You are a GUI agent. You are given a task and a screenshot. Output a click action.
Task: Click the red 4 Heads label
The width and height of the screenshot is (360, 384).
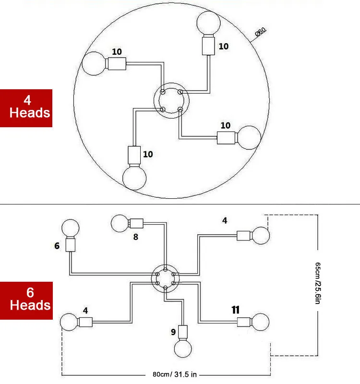point(25,108)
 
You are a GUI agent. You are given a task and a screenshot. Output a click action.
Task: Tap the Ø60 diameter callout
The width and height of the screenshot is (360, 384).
point(260,33)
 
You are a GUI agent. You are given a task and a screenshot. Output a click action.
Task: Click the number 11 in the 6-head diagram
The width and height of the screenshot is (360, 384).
point(235,310)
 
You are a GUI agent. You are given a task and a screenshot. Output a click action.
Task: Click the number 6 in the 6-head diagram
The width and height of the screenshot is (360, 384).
point(57,246)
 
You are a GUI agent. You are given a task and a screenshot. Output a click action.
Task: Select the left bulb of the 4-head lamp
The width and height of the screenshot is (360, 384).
point(95,63)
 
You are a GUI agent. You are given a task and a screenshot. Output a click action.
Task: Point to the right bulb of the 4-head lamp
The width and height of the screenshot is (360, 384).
point(249,137)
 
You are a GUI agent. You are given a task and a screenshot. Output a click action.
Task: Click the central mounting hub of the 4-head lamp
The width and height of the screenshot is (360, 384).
point(171,101)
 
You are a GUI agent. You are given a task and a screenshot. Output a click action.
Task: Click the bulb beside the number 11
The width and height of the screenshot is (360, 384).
point(261,322)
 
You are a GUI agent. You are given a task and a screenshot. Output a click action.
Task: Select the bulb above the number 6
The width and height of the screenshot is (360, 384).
point(71,228)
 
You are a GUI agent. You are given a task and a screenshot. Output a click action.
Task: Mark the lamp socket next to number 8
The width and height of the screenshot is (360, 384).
point(137,223)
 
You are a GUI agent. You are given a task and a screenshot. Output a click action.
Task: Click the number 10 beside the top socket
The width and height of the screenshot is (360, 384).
point(224,47)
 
